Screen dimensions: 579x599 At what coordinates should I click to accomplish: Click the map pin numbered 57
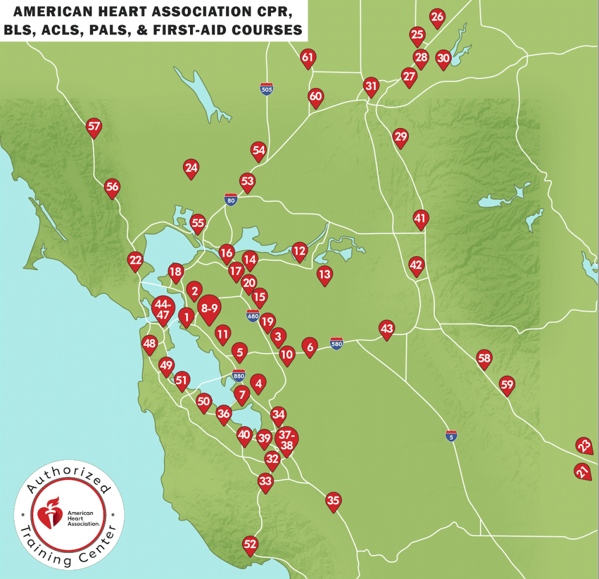94,126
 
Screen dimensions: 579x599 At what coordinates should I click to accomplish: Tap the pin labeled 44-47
163,309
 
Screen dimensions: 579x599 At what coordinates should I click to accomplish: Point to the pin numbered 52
250,545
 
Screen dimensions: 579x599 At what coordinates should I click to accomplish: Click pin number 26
437,18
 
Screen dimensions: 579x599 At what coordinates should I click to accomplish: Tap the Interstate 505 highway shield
266,89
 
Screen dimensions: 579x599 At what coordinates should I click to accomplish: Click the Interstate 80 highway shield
231,200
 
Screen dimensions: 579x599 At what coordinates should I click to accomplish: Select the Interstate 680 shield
253,316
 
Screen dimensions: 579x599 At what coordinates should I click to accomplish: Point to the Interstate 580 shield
336,343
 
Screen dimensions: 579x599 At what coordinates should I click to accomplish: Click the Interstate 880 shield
239,375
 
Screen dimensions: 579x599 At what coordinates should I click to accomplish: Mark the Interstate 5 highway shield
450,436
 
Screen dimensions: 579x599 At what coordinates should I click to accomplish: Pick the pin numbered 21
581,471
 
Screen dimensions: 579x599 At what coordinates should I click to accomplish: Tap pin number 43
387,329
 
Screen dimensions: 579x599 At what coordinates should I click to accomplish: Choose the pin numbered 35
333,501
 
